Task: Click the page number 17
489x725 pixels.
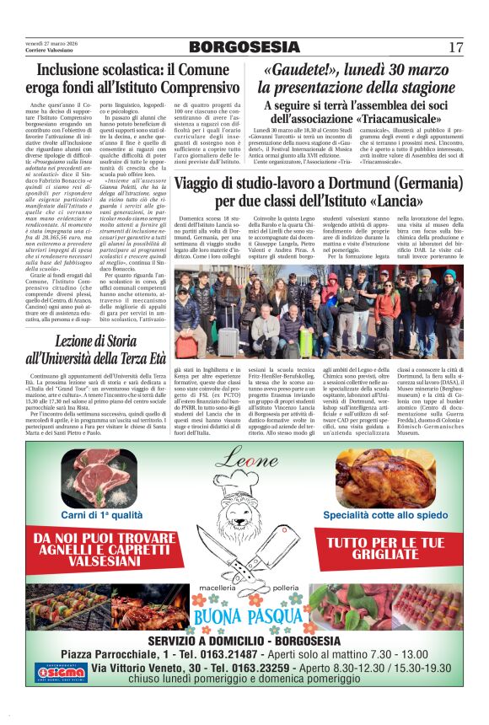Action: coord(456,46)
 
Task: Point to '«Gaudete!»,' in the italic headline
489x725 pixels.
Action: coord(301,69)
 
